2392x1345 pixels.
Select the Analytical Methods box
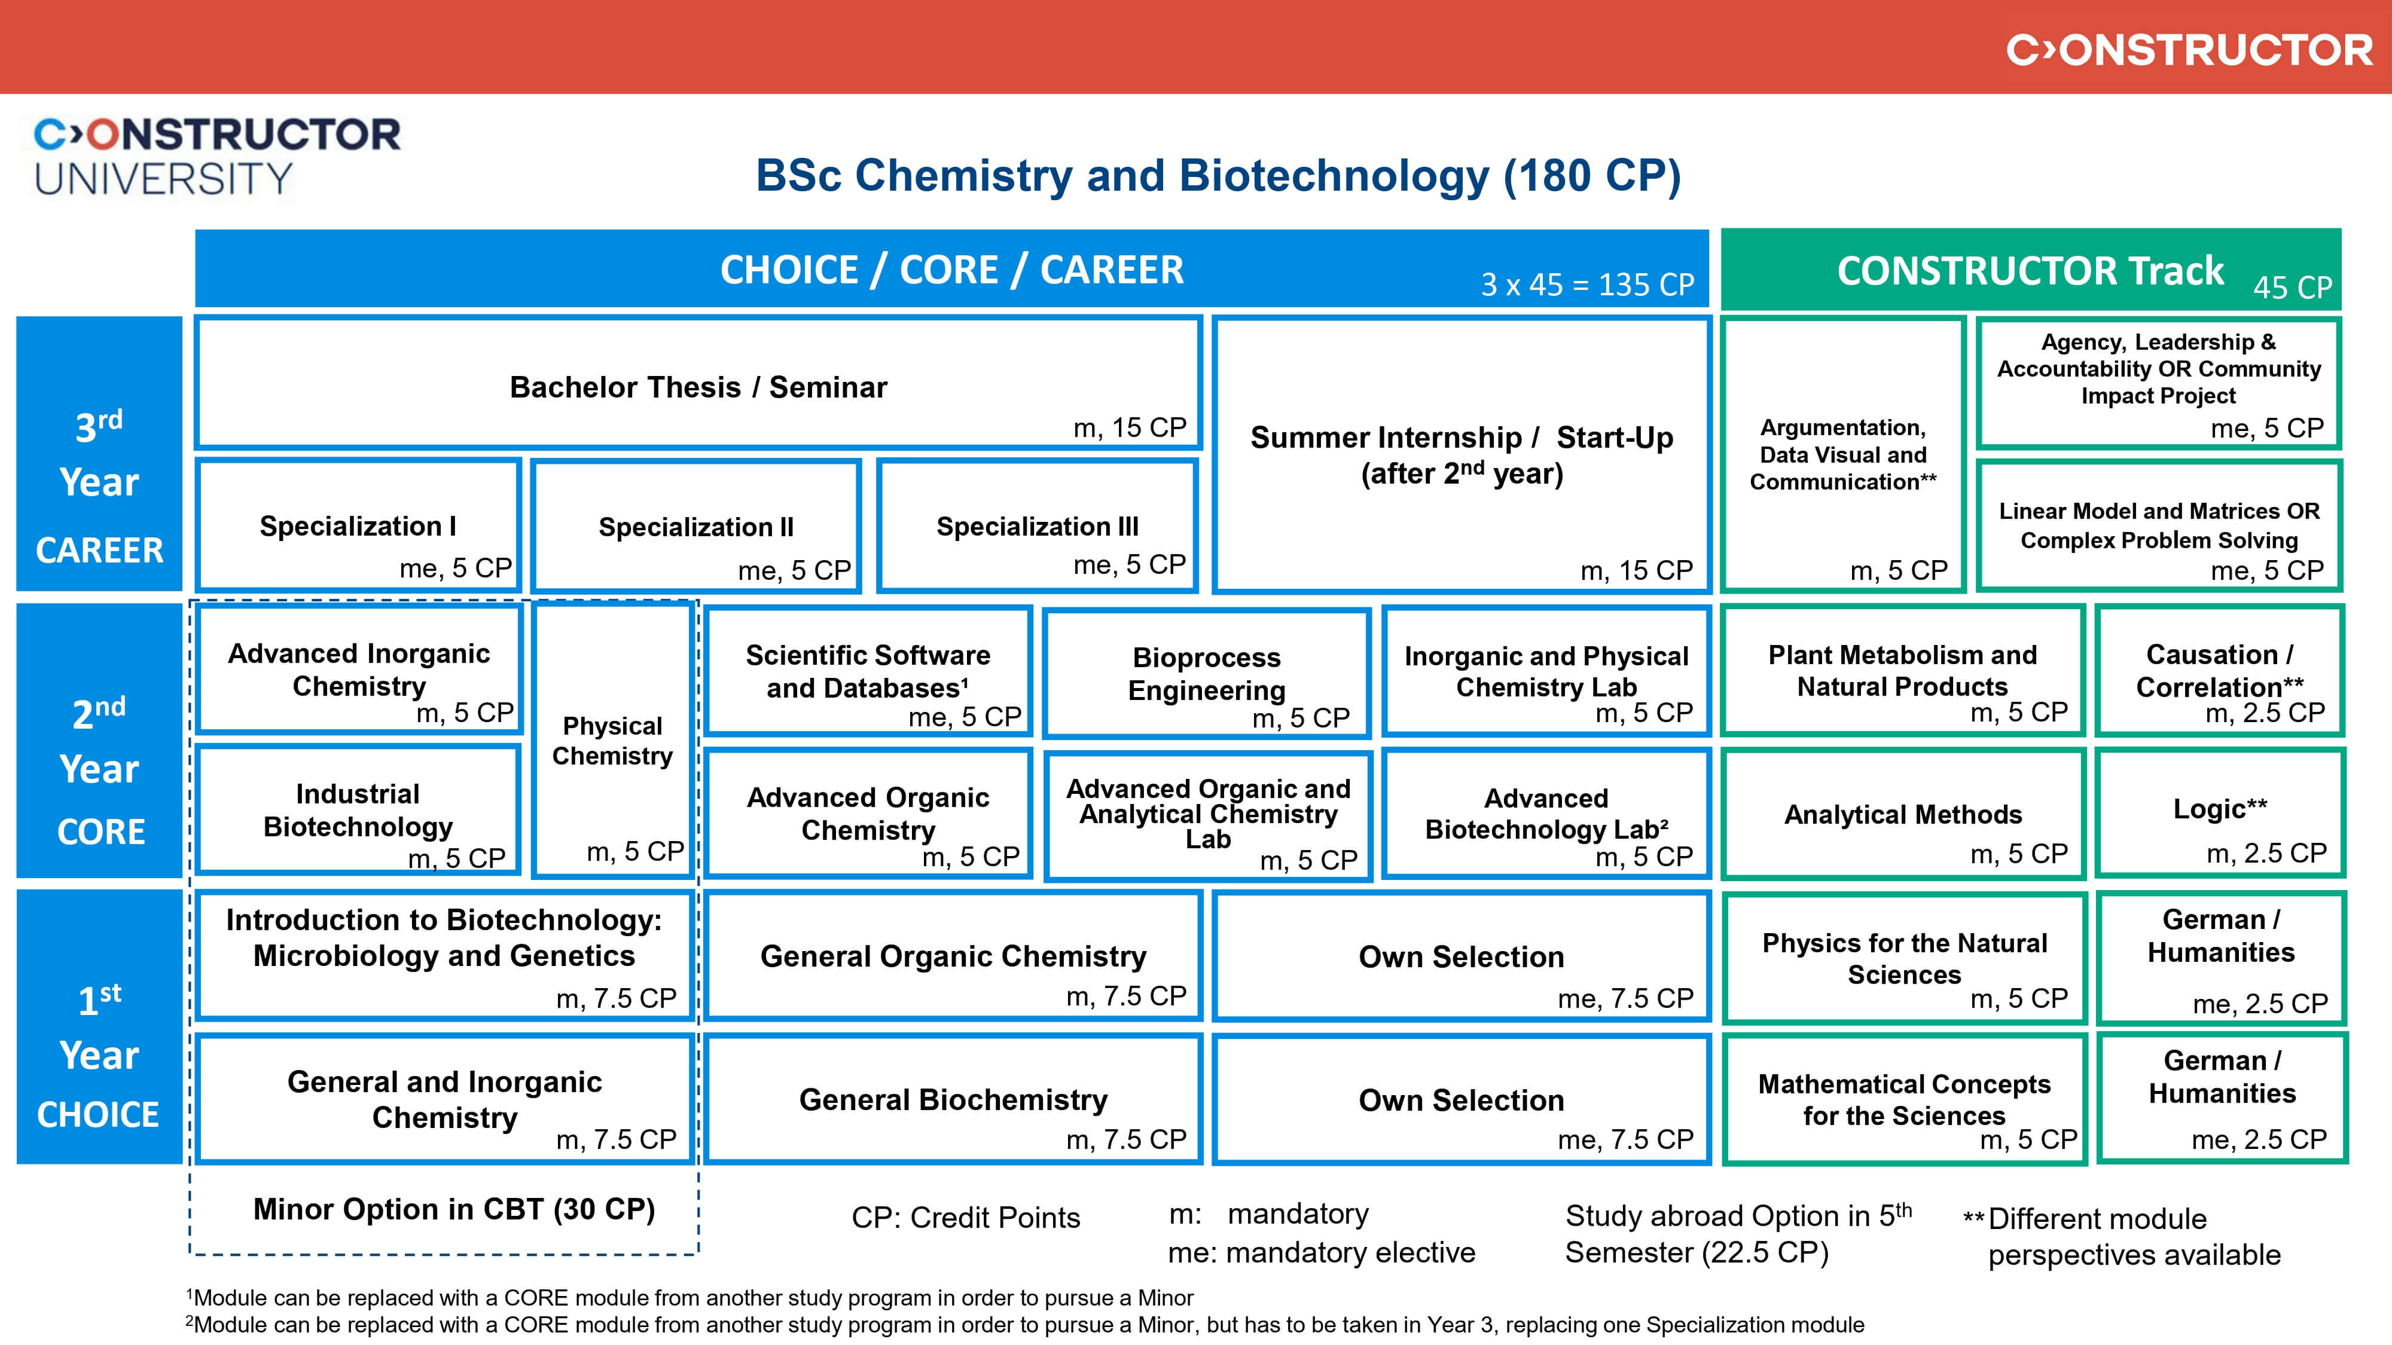pyautogui.click(x=1903, y=815)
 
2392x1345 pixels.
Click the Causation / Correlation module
pyautogui.click(x=2219, y=670)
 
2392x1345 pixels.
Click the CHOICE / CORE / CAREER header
pyautogui.click(x=952, y=269)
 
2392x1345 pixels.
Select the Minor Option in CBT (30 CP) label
pyautogui.click(x=454, y=1209)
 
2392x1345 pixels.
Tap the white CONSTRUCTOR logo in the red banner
pyautogui.click(x=2189, y=50)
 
